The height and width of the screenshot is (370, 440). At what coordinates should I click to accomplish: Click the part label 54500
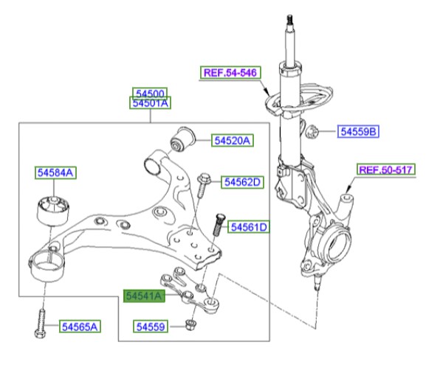pos(151,94)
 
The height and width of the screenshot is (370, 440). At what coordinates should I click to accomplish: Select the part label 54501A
pos(151,104)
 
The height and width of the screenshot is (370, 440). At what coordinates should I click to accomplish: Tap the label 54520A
pos(233,140)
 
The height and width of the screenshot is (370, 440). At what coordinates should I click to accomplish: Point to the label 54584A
pos(56,173)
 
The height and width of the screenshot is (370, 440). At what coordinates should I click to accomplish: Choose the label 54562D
pos(243,181)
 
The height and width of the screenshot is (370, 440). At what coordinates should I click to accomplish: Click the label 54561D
pos(249,226)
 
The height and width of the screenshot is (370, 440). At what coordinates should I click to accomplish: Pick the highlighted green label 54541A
pos(144,296)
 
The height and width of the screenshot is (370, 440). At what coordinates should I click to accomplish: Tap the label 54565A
pos(80,325)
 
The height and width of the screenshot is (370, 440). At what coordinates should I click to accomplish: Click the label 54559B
pos(358,132)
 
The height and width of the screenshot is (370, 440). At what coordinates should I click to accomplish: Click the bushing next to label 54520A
pos(182,136)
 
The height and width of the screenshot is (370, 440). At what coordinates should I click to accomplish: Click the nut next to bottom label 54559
pos(191,324)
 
